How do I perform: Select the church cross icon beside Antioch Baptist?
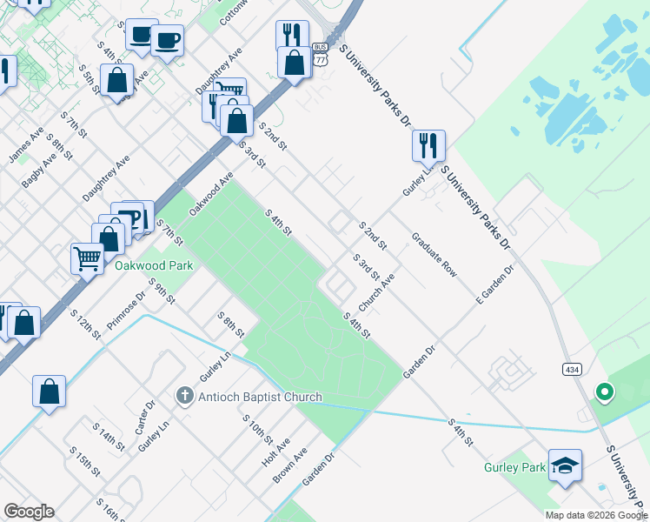tap(183, 397)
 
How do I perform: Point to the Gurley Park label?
tap(514, 468)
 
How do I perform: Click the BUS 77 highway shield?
tap(321, 55)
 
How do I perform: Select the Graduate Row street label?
tap(434, 254)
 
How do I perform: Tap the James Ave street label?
tap(25, 145)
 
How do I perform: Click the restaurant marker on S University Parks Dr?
tap(428, 144)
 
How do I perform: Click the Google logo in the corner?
tap(29, 512)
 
